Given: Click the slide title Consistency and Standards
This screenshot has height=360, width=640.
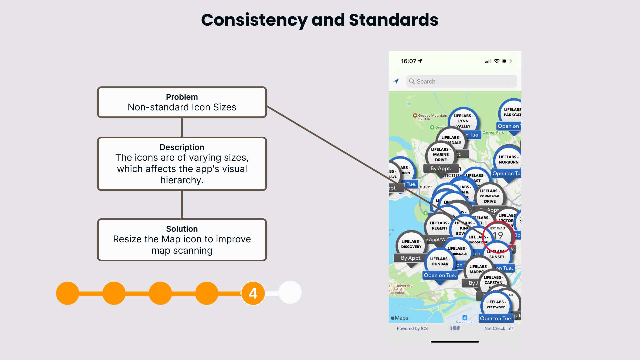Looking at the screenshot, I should tap(320, 20).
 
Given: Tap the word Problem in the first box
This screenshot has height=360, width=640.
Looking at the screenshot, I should tap(182, 97).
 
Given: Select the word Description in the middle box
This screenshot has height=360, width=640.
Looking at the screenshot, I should tap(182, 147).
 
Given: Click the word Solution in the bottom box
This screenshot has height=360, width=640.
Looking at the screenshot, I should tap(182, 229).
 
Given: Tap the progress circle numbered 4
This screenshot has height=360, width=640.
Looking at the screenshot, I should tap(253, 293).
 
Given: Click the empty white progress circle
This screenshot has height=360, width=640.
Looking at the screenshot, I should tap(290, 293).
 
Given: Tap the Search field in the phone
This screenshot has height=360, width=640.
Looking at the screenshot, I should tap(461, 81).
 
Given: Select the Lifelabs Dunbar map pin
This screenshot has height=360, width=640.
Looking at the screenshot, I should tap(440, 261).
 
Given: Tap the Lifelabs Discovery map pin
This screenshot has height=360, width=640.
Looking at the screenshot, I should tap(411, 244).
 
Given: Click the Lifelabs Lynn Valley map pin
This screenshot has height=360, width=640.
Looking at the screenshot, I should tap(463, 121).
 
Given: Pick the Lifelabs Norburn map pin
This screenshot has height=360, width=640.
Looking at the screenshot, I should tap(508, 159).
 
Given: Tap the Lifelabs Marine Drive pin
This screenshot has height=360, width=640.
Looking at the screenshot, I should tap(441, 155).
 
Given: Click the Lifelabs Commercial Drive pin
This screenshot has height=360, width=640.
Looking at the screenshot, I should tap(490, 196).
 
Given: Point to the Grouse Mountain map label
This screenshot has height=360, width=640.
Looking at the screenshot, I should tap(432, 116).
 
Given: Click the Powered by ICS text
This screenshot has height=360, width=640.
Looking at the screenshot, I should tap(412, 328).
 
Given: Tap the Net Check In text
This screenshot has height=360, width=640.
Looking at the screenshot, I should tap(499, 328).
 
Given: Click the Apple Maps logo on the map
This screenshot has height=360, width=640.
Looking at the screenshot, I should tap(399, 318).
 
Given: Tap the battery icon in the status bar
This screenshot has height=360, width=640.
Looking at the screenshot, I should tap(507, 61).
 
